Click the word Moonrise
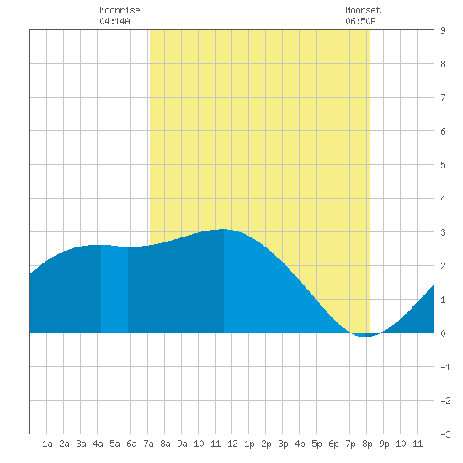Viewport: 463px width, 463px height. point(120,10)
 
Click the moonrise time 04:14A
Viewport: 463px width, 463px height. point(114,21)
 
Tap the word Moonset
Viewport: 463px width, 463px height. point(363,10)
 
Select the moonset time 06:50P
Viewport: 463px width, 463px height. point(360,21)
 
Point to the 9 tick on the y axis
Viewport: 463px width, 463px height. point(443,30)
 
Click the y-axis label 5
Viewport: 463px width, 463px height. point(443,165)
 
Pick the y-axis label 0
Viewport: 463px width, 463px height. point(443,333)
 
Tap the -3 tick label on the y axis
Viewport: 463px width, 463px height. point(445,434)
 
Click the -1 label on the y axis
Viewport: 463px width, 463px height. point(445,367)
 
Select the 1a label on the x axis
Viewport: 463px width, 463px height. point(47,444)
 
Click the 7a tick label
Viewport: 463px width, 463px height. point(148,444)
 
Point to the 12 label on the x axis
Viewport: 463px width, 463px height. point(232,444)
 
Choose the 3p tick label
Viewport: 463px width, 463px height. point(283,444)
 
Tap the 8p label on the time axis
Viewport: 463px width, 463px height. point(367,444)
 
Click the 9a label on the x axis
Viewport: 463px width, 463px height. point(182,444)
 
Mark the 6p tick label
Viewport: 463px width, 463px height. point(333,444)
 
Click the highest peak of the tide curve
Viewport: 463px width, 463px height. point(223,230)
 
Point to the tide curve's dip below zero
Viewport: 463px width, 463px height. point(365,335)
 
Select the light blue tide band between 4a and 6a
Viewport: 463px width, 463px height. point(114,290)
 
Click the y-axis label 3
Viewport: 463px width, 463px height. point(443,232)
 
